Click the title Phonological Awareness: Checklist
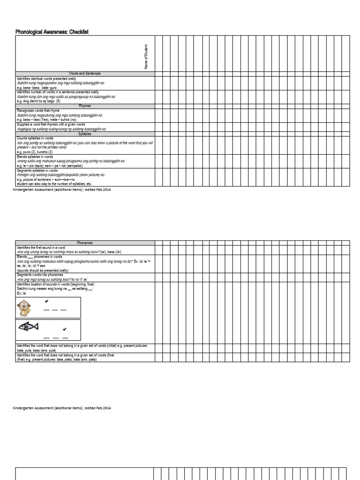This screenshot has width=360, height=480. (52, 32)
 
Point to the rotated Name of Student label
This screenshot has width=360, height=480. (146, 56)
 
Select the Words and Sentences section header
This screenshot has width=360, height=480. (85, 74)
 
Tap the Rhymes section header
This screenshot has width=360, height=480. (85, 106)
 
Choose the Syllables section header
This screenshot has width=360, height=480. (85, 134)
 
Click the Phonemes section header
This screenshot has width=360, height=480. (85, 243)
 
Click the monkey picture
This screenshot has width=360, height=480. (24, 308)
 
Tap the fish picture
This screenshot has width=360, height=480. (28, 327)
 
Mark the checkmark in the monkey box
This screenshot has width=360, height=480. (46, 301)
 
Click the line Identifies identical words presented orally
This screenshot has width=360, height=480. (46, 79)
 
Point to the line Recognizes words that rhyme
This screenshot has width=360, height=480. (38, 111)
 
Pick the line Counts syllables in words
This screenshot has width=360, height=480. (35, 138)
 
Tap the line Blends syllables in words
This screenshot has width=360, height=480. (35, 157)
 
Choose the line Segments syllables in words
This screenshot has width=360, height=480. (37, 170)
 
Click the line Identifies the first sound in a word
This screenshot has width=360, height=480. (41, 247)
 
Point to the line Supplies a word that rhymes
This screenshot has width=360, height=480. (51, 124)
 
